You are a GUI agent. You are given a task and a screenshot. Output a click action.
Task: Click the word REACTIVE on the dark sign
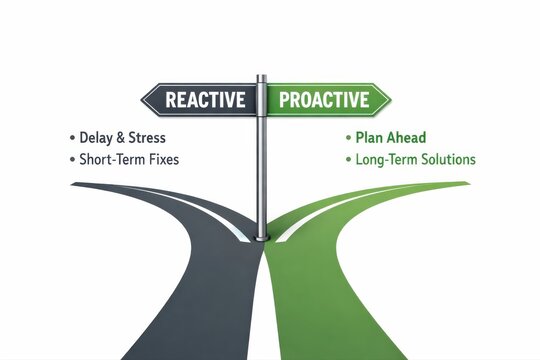pos(205,100)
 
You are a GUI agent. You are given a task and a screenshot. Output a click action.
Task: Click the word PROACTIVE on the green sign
pos(323,100)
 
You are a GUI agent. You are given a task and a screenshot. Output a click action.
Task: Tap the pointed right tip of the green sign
pos(391,99)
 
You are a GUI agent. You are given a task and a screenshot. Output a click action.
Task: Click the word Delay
pos(97,137)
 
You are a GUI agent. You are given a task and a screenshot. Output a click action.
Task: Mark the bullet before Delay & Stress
pos(71,137)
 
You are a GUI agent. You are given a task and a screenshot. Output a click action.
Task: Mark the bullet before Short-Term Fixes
pos(71,160)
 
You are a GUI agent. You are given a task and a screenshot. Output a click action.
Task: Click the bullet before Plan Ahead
pos(348,137)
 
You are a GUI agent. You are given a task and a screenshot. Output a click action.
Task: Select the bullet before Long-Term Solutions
pos(348,160)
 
